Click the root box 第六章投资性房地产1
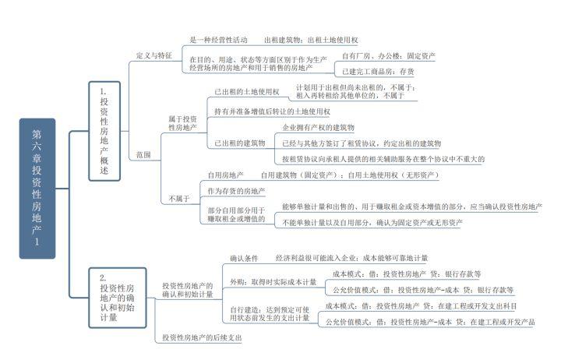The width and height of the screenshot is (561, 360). (x=37, y=188)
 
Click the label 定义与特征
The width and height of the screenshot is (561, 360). (x=153, y=55)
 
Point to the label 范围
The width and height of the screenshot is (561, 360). (x=143, y=154)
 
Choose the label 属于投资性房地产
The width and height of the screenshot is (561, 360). (x=182, y=122)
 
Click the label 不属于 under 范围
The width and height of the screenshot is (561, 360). (x=179, y=199)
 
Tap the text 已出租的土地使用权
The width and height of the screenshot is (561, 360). (x=246, y=92)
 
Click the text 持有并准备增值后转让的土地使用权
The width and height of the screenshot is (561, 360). (x=269, y=111)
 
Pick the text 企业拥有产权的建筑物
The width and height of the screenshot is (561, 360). (x=318, y=126)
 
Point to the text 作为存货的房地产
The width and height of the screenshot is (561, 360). (x=236, y=191)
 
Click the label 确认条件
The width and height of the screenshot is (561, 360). (x=244, y=257)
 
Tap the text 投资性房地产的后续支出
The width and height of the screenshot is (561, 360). (x=202, y=337)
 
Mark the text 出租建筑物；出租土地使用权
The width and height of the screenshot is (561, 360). (x=311, y=39)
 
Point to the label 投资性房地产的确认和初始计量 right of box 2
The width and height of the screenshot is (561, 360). (x=187, y=291)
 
